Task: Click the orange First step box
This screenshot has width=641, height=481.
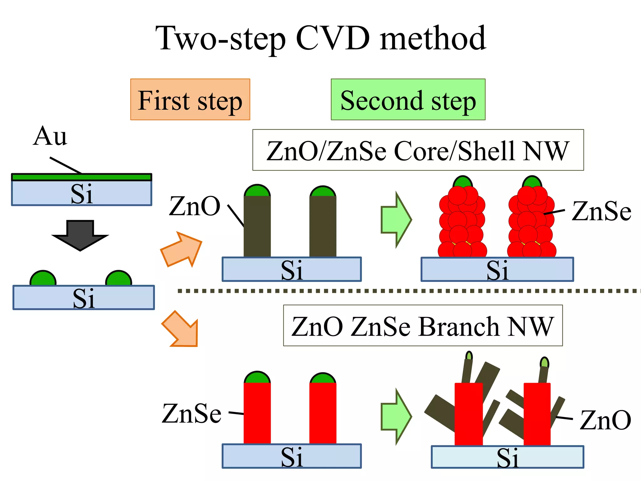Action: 190,100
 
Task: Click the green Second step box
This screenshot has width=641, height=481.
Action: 408,100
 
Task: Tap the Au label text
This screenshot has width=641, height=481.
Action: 50,136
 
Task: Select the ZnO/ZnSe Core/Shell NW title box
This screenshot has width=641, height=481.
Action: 418,150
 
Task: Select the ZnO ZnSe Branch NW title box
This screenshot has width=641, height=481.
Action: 423,326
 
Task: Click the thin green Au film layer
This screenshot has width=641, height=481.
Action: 81,177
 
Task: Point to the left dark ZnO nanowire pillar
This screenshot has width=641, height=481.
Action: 257,225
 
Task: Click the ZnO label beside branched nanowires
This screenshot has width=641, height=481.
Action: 605,420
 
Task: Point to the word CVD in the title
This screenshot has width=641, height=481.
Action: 332,38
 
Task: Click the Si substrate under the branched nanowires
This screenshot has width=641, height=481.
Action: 507,457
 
